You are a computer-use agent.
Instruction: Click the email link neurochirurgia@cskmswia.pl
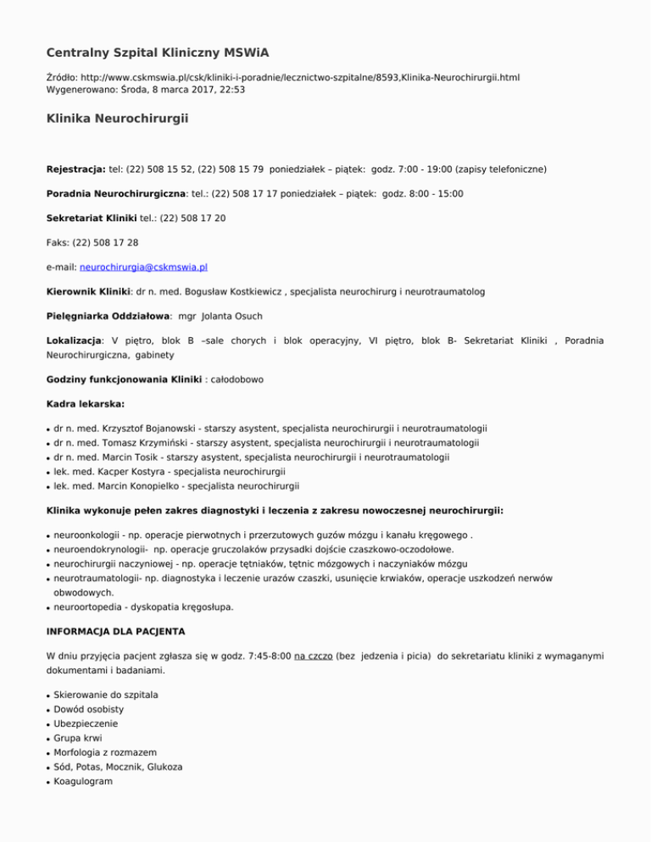[143, 266]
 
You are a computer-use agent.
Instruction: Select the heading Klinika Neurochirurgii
[117, 120]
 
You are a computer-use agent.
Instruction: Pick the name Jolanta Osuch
[240, 315]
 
